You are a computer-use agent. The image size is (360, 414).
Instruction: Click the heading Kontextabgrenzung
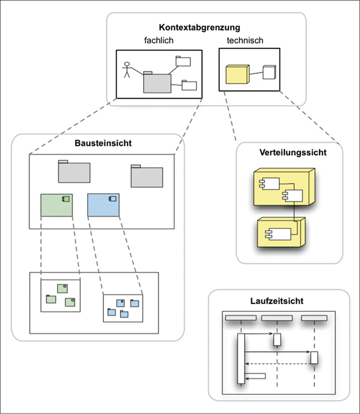click(x=200, y=27)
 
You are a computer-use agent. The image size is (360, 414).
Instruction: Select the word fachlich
click(x=159, y=40)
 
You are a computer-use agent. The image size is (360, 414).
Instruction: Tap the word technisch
click(x=245, y=40)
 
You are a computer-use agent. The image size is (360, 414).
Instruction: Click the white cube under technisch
click(x=269, y=71)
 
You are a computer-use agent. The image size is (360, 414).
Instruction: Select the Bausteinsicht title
click(x=97, y=142)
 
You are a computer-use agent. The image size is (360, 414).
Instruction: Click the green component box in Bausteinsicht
click(x=56, y=205)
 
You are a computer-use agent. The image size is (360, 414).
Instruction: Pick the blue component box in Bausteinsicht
click(x=103, y=205)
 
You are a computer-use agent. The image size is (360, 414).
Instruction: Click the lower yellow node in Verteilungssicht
click(x=280, y=233)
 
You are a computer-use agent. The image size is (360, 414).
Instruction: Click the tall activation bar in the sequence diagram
click(x=241, y=358)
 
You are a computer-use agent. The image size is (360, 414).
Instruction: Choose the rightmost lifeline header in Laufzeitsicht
click(x=314, y=318)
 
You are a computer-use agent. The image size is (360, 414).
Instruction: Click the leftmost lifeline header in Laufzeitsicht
click(x=241, y=318)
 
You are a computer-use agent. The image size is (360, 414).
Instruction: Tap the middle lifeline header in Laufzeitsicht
click(x=277, y=318)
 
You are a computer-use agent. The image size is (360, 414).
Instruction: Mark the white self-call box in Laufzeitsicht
click(x=255, y=376)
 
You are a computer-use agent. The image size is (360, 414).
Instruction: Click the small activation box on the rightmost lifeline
click(x=314, y=357)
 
